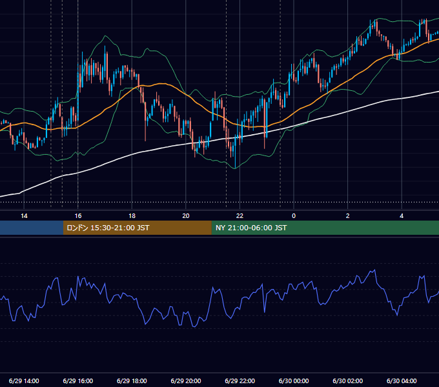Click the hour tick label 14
click(x=24, y=216)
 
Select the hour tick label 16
click(x=78, y=216)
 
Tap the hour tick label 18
click(x=132, y=216)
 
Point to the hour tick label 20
click(x=186, y=216)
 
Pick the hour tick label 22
click(x=240, y=216)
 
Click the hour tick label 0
click(x=294, y=216)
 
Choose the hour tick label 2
click(x=348, y=216)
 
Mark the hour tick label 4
click(x=402, y=216)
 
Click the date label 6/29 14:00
click(x=24, y=381)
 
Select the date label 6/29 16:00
click(x=78, y=381)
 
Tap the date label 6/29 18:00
click(x=132, y=381)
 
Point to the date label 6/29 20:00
click(x=186, y=381)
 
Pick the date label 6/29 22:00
click(x=240, y=381)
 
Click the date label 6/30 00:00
click(x=294, y=381)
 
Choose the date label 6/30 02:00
click(x=348, y=381)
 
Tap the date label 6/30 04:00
click(x=402, y=381)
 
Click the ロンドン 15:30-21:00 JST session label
click(x=108, y=228)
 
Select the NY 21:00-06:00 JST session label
click(x=251, y=228)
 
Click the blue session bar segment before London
click(x=32, y=228)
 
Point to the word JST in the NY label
click(x=281, y=228)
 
